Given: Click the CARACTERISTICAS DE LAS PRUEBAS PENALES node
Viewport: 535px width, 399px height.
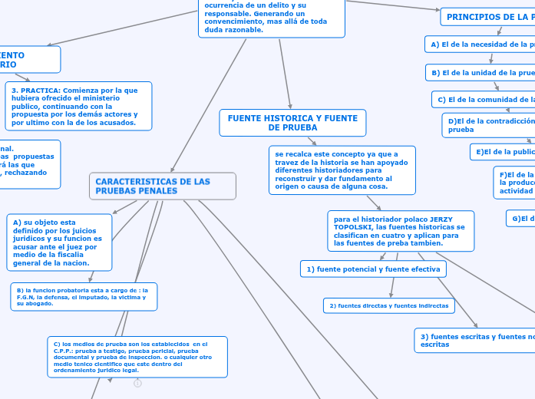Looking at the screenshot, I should pos(162,186).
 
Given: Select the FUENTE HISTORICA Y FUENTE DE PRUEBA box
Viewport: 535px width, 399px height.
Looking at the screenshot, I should pos(292,123).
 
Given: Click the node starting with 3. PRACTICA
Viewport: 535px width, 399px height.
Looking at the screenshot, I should pos(79,106).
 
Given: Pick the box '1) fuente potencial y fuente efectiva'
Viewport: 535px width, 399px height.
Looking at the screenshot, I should pos(373,269).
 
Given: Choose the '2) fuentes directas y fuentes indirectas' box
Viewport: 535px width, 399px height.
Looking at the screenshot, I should pos(389,305).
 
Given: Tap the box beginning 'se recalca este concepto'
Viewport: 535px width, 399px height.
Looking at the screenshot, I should pos(342,170).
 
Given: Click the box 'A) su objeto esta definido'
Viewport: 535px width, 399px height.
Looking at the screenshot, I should pos(59,242).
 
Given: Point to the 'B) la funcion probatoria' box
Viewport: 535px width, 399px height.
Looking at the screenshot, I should pos(84,297).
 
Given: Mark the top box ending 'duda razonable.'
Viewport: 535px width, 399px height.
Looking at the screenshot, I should pos(264,17).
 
